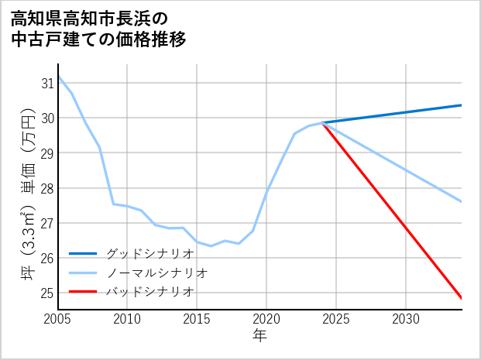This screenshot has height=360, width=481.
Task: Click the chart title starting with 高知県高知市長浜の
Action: [x=99, y=28]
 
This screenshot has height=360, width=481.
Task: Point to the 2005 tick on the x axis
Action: [x=57, y=319]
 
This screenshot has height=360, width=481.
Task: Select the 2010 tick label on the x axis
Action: [x=127, y=319]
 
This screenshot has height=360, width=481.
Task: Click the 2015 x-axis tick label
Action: [x=197, y=319]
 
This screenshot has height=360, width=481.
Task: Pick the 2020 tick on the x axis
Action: [x=266, y=319]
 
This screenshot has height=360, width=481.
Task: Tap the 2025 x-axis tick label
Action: [x=336, y=319]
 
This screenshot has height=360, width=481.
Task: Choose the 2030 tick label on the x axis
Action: [x=406, y=319]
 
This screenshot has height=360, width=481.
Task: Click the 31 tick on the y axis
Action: [x=46, y=83]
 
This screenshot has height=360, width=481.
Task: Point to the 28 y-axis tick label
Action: [x=46, y=188]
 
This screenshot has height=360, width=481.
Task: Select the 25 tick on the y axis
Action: [x=46, y=293]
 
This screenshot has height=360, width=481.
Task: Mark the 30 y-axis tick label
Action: [x=46, y=118]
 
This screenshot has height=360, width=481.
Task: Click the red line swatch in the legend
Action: [x=83, y=292]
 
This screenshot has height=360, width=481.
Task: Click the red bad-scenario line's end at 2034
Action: [x=462, y=298]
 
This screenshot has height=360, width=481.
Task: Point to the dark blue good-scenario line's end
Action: [x=462, y=105]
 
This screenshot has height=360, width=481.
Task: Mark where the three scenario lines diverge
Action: [x=322, y=123]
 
